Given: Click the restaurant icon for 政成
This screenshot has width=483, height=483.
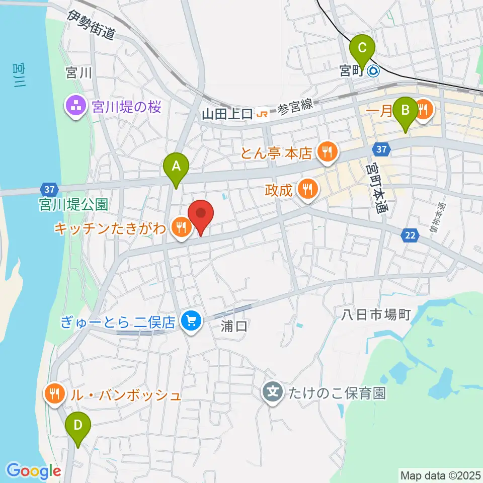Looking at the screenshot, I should point(307,190).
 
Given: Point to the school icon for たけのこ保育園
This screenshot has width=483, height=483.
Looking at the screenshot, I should point(273,392).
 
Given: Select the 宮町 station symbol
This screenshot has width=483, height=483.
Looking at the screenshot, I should point(374,71).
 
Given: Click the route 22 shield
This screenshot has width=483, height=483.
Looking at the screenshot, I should point(409,235).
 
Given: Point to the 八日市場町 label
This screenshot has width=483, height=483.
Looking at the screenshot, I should point(376,315).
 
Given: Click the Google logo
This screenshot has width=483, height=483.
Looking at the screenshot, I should point(34,471).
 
